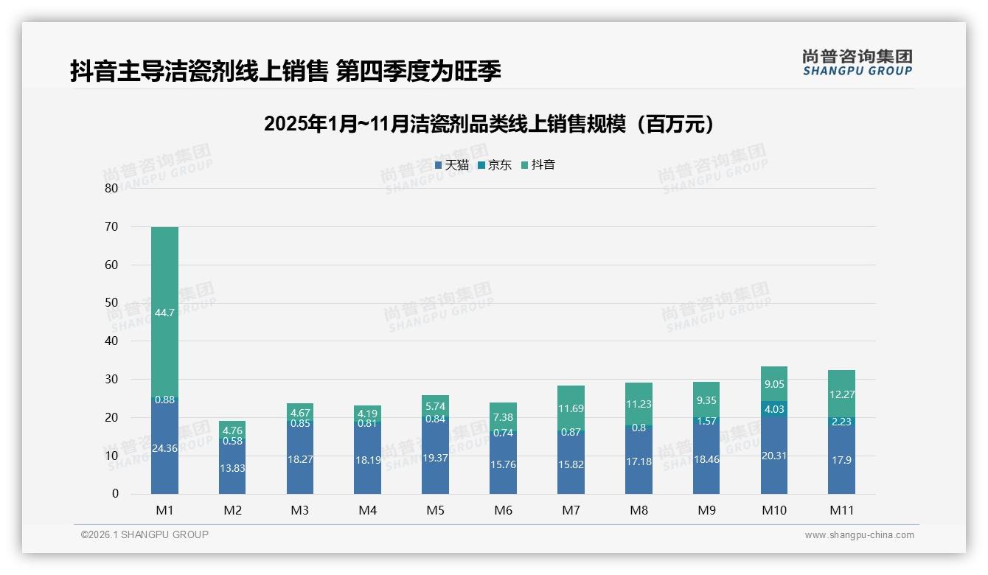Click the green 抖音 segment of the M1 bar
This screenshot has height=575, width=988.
(164, 312)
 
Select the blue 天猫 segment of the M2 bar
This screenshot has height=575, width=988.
(232, 468)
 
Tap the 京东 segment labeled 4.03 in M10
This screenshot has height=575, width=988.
(773, 409)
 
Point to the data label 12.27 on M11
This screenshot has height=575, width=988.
(841, 394)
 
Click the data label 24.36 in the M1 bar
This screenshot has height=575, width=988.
(165, 447)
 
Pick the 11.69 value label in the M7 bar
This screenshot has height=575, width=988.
(571, 408)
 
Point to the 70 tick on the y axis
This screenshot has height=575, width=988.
(111, 226)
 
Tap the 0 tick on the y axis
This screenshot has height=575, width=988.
(115, 494)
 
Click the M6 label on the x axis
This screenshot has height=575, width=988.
(503, 510)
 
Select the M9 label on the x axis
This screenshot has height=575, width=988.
(706, 510)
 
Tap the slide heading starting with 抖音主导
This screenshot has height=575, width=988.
(285, 71)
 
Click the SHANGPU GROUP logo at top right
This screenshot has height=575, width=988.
(857, 63)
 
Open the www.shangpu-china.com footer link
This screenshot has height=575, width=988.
(859, 535)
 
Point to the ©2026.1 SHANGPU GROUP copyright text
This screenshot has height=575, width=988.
(145, 534)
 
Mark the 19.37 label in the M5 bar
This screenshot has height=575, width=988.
(435, 458)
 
